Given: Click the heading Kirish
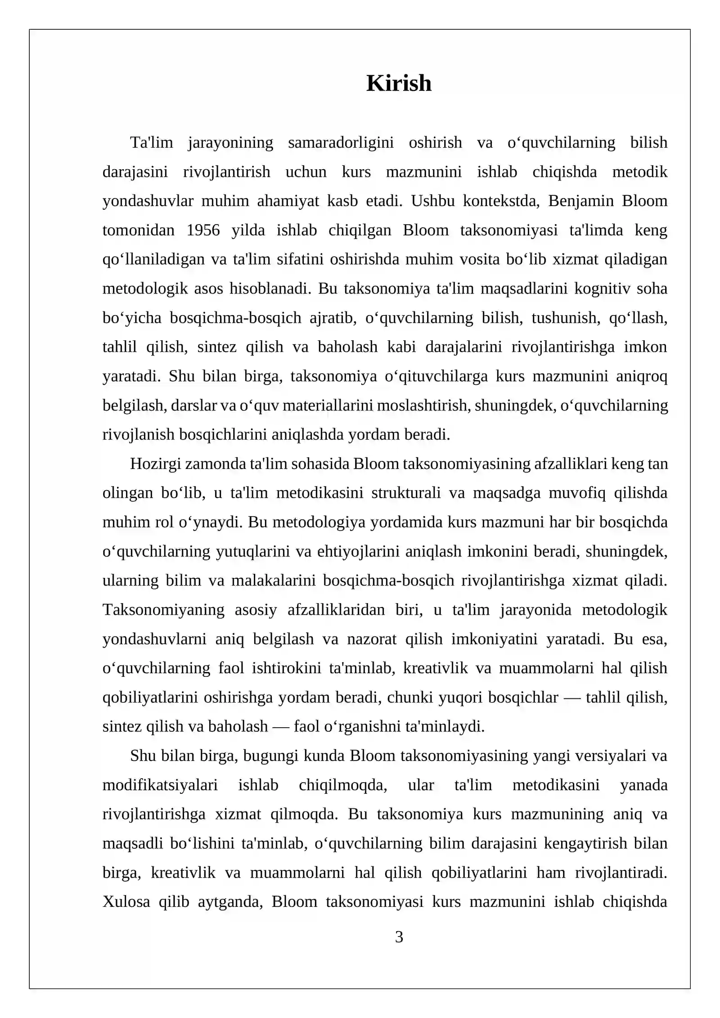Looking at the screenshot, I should [x=399, y=83].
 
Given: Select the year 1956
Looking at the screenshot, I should [x=203, y=230].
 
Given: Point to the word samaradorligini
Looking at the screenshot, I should [x=341, y=143].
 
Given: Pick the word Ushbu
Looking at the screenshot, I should [x=432, y=201].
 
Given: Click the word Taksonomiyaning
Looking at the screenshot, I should [x=163, y=610].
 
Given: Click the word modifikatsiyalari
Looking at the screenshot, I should [x=160, y=785].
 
